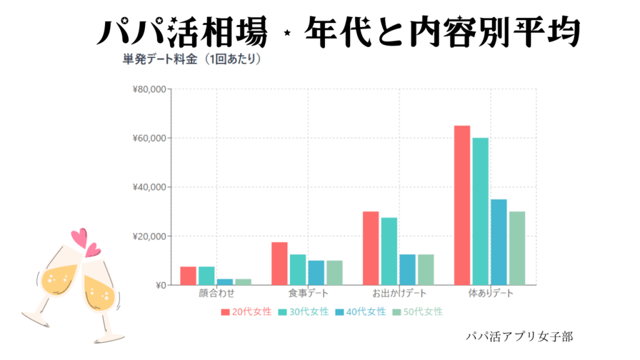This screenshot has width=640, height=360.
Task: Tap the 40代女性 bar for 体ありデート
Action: (x=499, y=242)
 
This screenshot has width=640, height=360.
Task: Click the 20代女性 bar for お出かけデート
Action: (x=371, y=248)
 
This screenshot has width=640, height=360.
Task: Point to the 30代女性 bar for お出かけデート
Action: (x=389, y=251)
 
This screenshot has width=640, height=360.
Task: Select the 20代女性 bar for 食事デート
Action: (x=279, y=263)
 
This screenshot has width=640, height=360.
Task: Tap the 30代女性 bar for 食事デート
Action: (x=297, y=269)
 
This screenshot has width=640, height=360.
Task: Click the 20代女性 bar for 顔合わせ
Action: (x=188, y=276)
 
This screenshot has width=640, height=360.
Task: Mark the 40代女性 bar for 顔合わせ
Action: (x=224, y=282)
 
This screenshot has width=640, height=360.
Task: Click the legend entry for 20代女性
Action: (x=246, y=311)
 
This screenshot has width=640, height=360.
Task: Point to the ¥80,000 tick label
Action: (x=149, y=89)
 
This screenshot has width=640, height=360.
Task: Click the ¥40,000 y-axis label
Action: (x=149, y=187)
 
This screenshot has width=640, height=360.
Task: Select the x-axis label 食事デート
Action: (x=308, y=294)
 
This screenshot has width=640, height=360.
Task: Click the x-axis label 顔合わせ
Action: (x=215, y=294)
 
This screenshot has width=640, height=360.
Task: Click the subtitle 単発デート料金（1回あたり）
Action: (x=191, y=61)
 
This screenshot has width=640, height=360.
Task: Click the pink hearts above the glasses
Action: (x=85, y=242)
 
